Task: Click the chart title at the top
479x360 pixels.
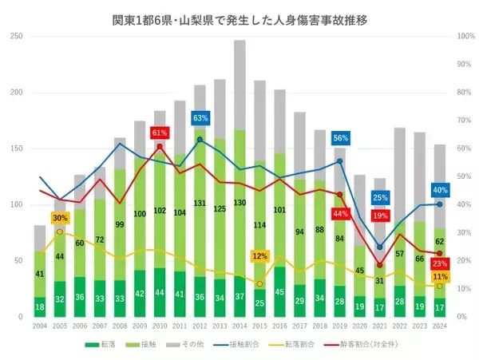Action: pos(239,18)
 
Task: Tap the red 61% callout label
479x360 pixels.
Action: pos(159,133)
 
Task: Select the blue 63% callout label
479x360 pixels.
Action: pos(200,118)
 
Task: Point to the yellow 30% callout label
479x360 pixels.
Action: pos(60,218)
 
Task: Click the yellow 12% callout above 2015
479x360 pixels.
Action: pos(259,257)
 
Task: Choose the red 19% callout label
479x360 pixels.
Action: pos(380,216)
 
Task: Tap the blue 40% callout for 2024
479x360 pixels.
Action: pos(439,191)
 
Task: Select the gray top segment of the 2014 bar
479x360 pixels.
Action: pos(239,85)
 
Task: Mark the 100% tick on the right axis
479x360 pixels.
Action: pos(465,36)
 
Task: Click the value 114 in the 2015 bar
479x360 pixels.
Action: pos(259,226)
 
